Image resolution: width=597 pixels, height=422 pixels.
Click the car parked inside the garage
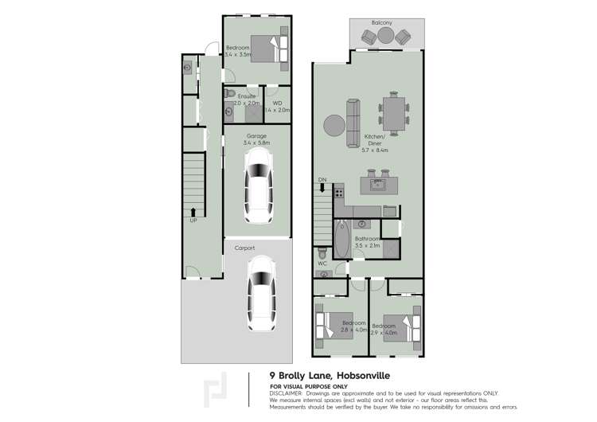click(x=257, y=188)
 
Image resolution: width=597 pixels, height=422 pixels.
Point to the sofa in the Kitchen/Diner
click(x=353, y=123)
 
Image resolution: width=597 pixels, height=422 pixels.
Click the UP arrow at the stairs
click(x=193, y=213)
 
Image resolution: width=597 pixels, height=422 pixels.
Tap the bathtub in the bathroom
click(x=341, y=238)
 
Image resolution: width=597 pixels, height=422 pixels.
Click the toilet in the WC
click(x=322, y=254)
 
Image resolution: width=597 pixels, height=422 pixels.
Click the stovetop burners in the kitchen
click(x=339, y=193)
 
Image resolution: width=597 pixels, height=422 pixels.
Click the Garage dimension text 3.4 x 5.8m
click(x=256, y=143)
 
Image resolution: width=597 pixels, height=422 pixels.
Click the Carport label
click(x=244, y=248)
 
